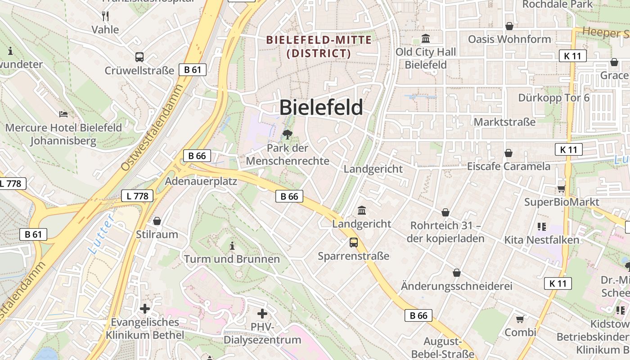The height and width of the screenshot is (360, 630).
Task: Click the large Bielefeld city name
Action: point(321,108)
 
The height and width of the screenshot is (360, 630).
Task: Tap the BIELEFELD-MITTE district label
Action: point(319,46)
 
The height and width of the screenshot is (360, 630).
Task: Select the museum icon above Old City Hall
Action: point(425,38)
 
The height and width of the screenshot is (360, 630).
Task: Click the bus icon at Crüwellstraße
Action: point(139,57)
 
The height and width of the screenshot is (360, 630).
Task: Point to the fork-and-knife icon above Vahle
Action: point(105,16)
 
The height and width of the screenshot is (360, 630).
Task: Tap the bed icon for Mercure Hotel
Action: point(63,114)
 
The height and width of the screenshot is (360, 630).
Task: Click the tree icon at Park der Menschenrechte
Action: point(287,134)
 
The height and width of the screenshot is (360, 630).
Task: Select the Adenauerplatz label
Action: point(201,181)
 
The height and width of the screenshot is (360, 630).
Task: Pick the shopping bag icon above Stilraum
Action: point(157,221)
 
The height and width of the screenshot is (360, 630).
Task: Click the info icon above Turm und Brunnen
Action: point(232,246)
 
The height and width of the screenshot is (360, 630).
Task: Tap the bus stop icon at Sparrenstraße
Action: point(354,243)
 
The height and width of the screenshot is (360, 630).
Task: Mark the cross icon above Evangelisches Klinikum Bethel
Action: point(145,309)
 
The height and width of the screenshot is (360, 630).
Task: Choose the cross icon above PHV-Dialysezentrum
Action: point(262,313)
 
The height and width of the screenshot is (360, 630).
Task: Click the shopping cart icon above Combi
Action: point(520,319)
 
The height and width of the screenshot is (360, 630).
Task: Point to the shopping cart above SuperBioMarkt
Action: point(561,189)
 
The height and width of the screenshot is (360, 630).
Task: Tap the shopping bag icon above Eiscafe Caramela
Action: point(508,153)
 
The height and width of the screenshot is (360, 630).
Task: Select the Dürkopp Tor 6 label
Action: point(553,98)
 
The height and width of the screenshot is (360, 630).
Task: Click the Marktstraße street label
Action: point(504,122)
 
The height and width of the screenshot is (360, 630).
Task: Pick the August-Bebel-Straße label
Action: point(449,347)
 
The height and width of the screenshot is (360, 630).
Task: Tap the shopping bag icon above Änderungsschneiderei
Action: point(457,273)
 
